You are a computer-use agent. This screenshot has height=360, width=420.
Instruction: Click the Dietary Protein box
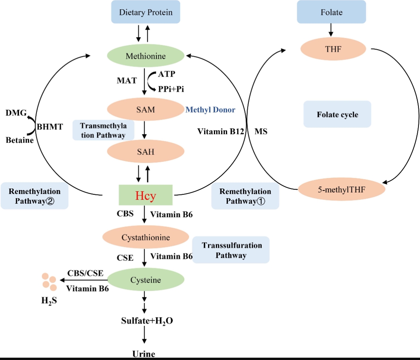[145, 12]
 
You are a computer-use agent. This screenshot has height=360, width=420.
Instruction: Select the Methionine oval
[145, 56]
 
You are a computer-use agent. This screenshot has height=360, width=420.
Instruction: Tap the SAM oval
[145, 110]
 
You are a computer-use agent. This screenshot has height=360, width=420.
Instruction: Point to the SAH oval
[145, 152]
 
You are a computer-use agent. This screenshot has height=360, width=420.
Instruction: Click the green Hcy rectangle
[145, 195]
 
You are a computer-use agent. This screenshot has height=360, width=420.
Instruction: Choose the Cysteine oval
[145, 280]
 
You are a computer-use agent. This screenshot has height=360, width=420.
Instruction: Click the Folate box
[331, 12]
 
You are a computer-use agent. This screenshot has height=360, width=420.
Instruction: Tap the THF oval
[333, 49]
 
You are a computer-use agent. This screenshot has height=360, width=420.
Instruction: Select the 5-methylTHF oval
[341, 190]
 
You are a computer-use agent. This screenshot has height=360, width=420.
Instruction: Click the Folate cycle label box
[337, 115]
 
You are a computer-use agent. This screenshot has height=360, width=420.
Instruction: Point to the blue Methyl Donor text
[210, 110]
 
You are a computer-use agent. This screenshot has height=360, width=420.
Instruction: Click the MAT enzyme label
[127, 80]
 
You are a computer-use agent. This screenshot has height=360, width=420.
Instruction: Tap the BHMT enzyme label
[50, 127]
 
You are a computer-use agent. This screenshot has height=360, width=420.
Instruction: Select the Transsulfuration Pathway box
[231, 250]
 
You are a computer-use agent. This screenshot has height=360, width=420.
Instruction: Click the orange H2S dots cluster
[49, 282]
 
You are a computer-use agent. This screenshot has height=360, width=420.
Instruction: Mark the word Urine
[143, 354]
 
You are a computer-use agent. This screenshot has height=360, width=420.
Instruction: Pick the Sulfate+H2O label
[147, 321]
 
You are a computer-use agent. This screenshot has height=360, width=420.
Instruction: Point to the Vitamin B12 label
[220, 131]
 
